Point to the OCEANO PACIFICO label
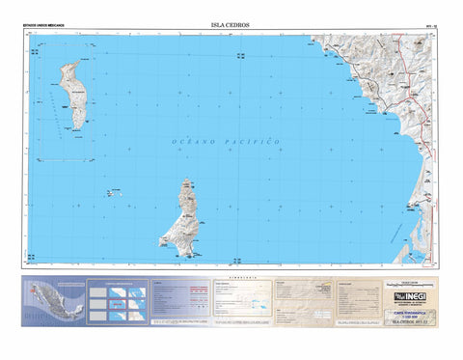tap(226, 142)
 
